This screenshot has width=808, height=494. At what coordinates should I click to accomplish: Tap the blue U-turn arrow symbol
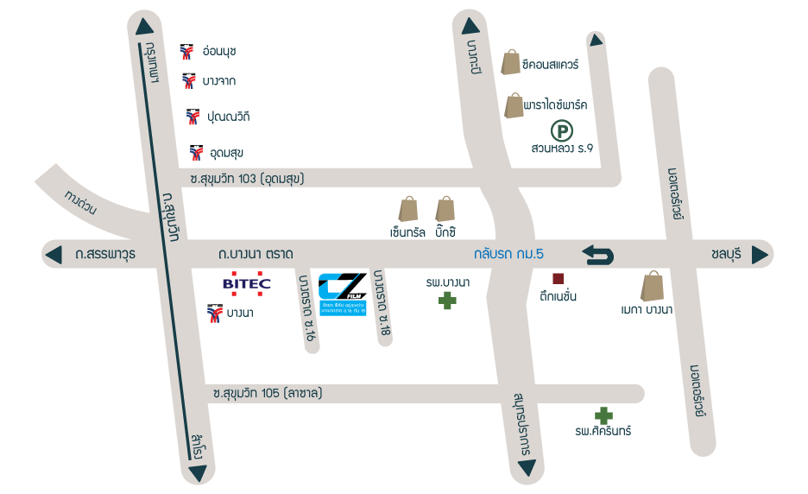[x=598, y=255]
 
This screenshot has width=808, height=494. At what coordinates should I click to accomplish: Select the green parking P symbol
[x=562, y=132]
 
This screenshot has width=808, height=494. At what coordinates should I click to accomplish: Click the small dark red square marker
[x=558, y=278]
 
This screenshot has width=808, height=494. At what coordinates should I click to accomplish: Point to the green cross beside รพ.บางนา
[x=446, y=301]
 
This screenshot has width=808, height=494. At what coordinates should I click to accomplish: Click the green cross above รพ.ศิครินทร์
[x=603, y=415]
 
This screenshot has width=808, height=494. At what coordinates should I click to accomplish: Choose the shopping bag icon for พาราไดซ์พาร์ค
[x=514, y=105]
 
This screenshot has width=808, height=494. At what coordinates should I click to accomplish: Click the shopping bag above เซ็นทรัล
[x=407, y=208]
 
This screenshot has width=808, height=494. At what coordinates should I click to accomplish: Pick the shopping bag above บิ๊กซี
[x=445, y=208]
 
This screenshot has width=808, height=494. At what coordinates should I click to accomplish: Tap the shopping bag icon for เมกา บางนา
[x=653, y=286]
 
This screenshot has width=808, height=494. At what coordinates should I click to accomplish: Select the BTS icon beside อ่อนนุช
[x=186, y=51]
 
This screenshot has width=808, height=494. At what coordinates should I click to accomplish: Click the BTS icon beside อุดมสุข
[x=196, y=153]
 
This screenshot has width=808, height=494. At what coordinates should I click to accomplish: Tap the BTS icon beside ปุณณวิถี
[x=193, y=116]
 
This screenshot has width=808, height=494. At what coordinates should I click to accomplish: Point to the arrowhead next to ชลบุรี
[x=760, y=255]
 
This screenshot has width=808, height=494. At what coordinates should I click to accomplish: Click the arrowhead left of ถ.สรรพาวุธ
[x=54, y=255]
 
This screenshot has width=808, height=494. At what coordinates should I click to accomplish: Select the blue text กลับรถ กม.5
[x=508, y=255]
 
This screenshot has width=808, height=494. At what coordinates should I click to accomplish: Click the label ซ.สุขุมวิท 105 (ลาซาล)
[x=268, y=393]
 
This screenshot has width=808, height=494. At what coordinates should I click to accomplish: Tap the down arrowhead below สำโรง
[x=199, y=472]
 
